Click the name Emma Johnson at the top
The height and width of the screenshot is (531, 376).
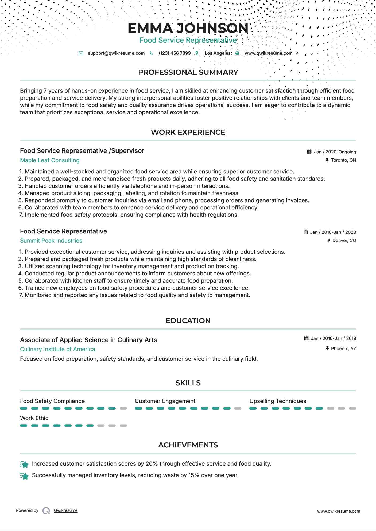click(x=188, y=28)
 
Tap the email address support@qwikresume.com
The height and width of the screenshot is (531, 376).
click(x=116, y=53)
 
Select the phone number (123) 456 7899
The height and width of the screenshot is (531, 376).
click(x=175, y=53)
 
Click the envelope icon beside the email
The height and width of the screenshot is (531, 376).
click(x=81, y=53)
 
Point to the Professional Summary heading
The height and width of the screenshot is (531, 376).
click(x=188, y=72)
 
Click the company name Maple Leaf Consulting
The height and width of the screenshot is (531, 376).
click(x=50, y=160)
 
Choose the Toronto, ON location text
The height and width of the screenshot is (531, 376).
click(x=343, y=160)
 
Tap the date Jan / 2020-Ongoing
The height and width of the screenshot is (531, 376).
click(x=335, y=152)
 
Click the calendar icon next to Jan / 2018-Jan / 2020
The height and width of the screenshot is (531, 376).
click(x=306, y=232)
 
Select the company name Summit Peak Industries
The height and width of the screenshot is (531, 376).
click(x=51, y=241)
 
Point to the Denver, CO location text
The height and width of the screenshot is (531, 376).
click(x=344, y=241)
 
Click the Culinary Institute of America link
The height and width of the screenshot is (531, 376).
click(x=57, y=349)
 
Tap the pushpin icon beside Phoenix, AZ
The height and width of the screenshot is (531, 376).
click(x=327, y=348)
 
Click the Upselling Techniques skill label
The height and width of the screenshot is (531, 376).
click(x=278, y=401)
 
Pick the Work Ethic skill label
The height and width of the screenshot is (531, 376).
click(x=34, y=418)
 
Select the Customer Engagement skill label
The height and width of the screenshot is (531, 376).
click(x=165, y=401)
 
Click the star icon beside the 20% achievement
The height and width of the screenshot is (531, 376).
click(x=24, y=465)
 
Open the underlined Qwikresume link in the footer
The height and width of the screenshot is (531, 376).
click(x=66, y=510)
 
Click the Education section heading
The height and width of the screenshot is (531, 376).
click(x=188, y=321)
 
